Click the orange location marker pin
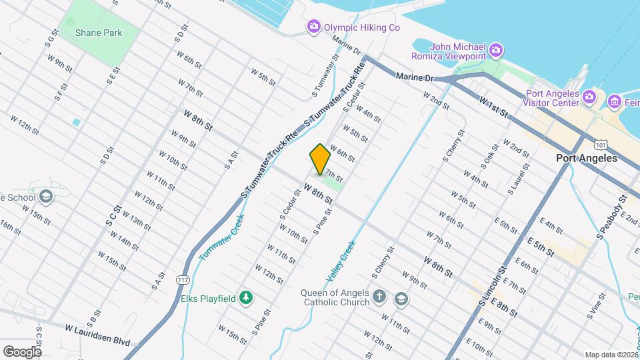(x=320, y=159)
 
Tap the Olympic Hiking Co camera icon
(x=313, y=27)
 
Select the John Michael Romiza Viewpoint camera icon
(x=495, y=51)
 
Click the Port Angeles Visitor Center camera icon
(x=589, y=98)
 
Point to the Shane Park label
(x=99, y=33)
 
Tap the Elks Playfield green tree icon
(x=246, y=298)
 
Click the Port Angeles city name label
(x=587, y=159)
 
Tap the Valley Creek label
(x=341, y=260)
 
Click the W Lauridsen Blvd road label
(x=97, y=334)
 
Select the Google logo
(x=22, y=351)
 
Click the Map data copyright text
(x=610, y=355)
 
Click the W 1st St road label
(x=493, y=107)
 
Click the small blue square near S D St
(x=76, y=122)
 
